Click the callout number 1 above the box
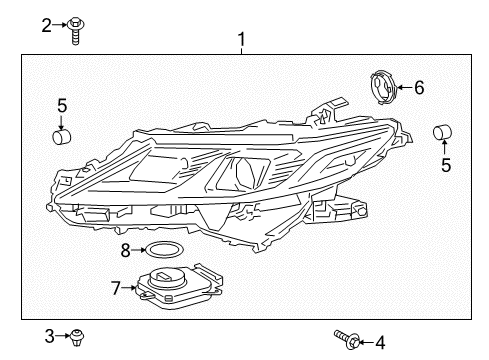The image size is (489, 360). (240, 40)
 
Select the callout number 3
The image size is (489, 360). (48, 335)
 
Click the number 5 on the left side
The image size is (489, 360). (61, 103)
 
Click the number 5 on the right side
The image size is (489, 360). (446, 165)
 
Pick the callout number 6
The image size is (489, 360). (419, 88)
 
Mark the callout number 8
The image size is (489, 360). (126, 249)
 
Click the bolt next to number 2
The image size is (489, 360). (75, 30)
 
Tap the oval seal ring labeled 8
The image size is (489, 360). (166, 250)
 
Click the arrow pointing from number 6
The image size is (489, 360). (403, 88)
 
